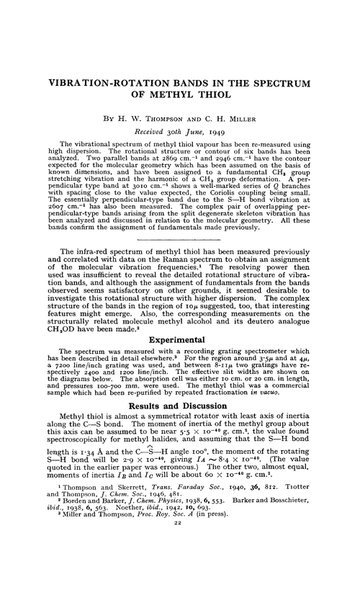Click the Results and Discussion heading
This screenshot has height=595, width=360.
(179, 406)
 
